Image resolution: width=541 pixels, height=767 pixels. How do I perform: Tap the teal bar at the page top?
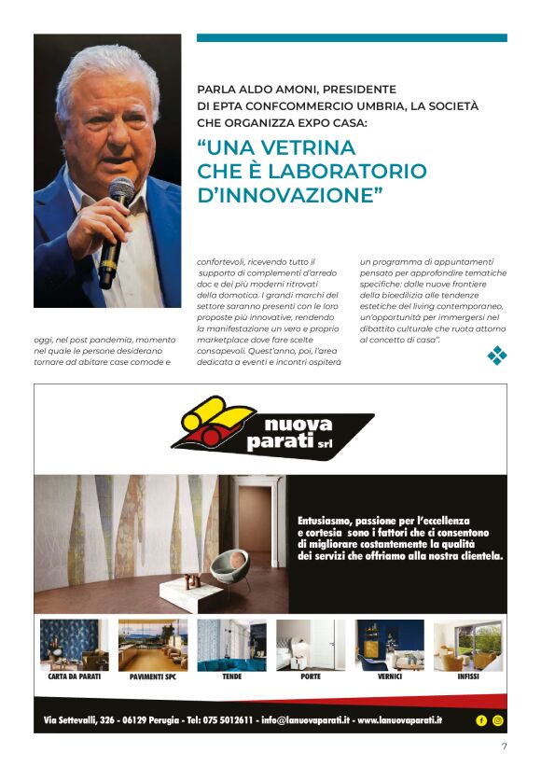click(352, 38)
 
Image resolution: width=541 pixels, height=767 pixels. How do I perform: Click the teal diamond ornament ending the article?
click(497, 355)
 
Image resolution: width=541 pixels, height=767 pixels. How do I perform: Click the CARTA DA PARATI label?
click(74, 676)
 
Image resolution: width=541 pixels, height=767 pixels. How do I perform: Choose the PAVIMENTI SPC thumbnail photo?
click(153, 645)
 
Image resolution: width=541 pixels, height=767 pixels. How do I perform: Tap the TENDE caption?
click(231, 676)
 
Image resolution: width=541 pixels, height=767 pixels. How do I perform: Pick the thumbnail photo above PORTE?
click(311, 645)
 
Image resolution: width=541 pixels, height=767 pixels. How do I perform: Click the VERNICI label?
click(390, 676)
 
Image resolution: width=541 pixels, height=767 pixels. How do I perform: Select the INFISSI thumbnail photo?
click(468, 645)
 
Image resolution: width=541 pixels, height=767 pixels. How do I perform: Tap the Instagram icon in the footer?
click(497, 720)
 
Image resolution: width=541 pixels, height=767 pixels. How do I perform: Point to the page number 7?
click(504, 746)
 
